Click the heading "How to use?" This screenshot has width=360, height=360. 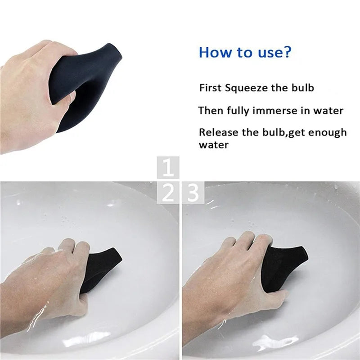[x=245, y=52]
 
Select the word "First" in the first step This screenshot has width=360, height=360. [x=210, y=88]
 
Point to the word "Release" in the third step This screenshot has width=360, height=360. [x=217, y=132]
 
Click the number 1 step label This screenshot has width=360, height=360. [x=168, y=168]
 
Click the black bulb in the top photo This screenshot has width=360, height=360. [x=85, y=85]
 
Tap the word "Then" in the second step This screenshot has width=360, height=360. [x=211, y=110]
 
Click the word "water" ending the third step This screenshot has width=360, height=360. [x=214, y=145]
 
